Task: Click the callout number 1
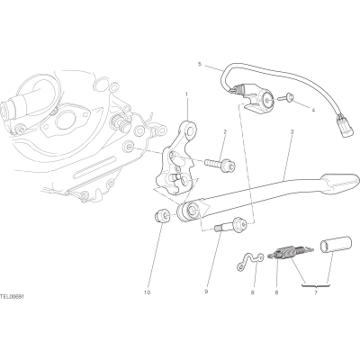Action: coord(186,94)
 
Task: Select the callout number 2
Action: coord(225,131)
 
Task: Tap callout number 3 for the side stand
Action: coord(292,131)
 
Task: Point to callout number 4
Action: coord(313,110)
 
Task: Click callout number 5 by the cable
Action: coord(199,64)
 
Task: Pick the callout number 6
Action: coord(276,292)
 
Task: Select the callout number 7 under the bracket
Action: coord(316,292)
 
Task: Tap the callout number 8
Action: coord(252,292)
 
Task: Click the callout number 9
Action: coord(206,292)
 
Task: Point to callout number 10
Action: coord(147,292)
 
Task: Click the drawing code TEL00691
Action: coord(12,296)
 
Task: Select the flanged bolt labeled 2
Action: coord(220,165)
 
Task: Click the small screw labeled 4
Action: coord(286,97)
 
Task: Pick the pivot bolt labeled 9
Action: coord(230,227)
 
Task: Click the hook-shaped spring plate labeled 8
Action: coord(249,259)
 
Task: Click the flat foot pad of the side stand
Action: coord(340,182)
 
